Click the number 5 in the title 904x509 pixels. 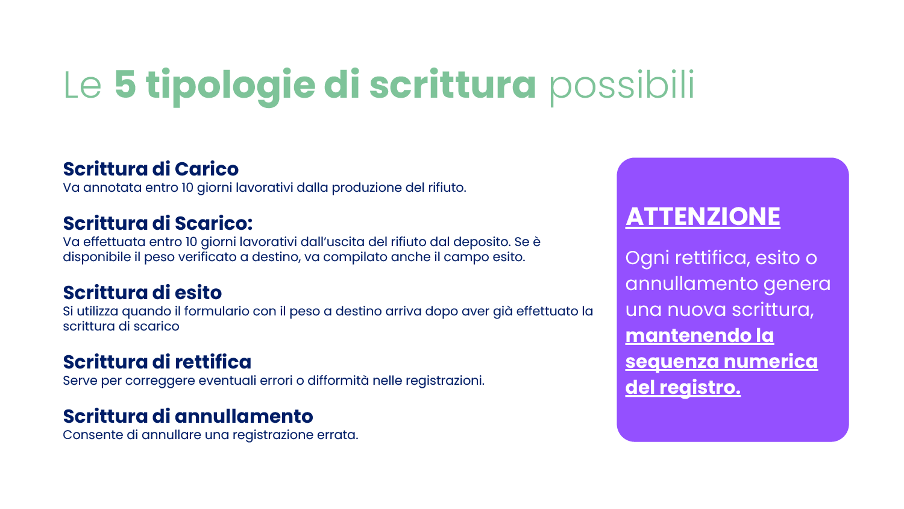[125, 84]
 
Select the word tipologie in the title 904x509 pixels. [230, 86]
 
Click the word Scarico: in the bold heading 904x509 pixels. [213, 223]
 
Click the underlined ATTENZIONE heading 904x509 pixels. [703, 217]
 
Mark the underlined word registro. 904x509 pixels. [700, 388]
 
